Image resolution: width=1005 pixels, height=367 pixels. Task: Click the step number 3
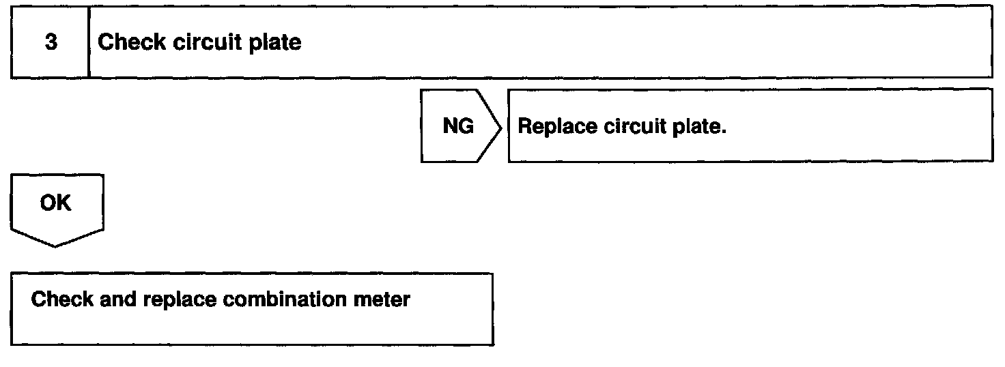tap(49, 43)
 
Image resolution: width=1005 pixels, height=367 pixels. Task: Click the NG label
tap(458, 127)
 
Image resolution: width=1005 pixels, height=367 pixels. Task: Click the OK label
tap(57, 203)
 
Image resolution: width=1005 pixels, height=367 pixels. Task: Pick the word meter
tap(387, 299)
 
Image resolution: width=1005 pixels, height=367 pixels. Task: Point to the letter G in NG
tap(466, 127)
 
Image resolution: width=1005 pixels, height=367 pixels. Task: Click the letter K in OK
tap(66, 203)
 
